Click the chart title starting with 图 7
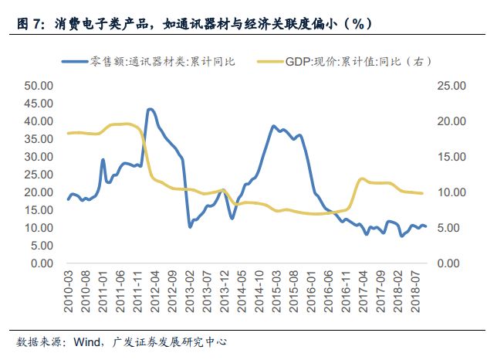click(x=194, y=24)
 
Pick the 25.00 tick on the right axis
click(x=451, y=86)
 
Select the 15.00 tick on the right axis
click(x=451, y=157)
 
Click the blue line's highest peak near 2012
click(x=150, y=109)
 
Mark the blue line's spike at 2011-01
click(x=103, y=160)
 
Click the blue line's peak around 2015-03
click(x=274, y=126)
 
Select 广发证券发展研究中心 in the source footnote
click(x=170, y=341)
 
